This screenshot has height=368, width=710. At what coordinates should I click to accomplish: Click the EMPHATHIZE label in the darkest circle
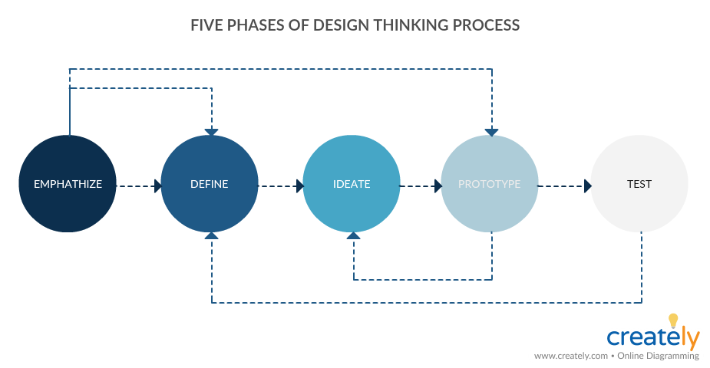68,184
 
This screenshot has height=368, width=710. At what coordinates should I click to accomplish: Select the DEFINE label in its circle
210,184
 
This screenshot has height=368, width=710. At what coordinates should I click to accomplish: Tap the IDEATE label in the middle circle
352,184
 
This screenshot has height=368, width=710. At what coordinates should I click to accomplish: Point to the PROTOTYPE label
490,184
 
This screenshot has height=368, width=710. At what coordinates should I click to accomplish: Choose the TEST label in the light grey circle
639,184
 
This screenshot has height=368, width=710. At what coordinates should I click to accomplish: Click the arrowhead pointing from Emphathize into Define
157,186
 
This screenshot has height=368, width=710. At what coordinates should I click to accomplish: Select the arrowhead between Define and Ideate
300,186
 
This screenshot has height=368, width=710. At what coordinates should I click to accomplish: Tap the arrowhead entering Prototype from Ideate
438,186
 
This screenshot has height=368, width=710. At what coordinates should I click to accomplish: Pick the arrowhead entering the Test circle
588,186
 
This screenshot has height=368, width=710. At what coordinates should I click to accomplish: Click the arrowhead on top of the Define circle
211,133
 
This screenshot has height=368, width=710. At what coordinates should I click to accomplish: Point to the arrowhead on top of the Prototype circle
492,133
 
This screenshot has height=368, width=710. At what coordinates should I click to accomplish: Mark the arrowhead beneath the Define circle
211,235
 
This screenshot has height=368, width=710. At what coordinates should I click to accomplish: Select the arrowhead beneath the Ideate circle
353,235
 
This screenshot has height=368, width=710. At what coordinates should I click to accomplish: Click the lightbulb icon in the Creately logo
673,320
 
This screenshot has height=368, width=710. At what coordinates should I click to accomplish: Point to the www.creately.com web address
571,356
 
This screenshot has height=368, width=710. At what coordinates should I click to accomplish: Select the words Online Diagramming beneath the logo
658,356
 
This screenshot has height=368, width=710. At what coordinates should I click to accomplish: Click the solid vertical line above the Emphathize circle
70,102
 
